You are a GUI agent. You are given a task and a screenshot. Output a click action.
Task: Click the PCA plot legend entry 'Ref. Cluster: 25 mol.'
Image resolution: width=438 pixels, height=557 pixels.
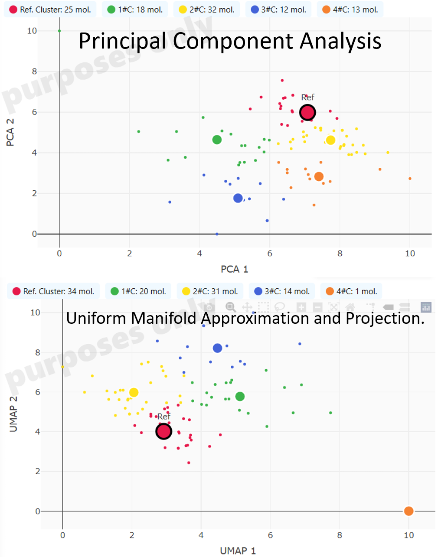[x=50, y=10]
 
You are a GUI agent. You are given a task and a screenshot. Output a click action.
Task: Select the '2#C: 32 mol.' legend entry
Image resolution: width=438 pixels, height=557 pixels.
[x=207, y=10]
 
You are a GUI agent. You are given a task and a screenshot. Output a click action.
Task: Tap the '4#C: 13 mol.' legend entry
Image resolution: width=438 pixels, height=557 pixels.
[x=350, y=10]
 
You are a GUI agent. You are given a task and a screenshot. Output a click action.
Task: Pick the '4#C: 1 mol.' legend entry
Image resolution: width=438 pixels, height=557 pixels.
[x=352, y=291]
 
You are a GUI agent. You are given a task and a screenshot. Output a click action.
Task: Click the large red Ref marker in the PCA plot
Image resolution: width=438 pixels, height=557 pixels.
[x=307, y=112]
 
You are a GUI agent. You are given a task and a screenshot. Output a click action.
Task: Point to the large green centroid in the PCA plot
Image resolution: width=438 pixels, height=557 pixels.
[x=217, y=140]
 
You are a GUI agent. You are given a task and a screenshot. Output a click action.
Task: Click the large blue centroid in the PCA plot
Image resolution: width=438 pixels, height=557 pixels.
[x=238, y=198]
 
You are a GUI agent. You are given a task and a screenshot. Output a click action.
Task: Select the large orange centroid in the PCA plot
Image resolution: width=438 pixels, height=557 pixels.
[x=319, y=176]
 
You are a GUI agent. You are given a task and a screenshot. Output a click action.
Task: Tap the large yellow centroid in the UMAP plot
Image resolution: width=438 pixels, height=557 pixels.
[x=134, y=392]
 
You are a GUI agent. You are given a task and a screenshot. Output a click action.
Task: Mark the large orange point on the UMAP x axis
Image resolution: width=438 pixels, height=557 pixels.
[x=409, y=511]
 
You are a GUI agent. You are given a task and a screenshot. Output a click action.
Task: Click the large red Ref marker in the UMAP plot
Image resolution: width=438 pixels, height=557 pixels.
[x=163, y=431]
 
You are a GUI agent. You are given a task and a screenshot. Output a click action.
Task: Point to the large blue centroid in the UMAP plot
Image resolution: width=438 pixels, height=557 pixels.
[x=217, y=348]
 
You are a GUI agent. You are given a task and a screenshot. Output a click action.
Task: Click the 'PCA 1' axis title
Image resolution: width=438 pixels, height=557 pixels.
[x=234, y=269]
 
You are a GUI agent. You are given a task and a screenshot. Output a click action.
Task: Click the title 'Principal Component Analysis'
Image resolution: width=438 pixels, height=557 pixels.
[x=230, y=41]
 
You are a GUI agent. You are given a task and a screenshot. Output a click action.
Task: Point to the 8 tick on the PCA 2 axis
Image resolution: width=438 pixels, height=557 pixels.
[x=34, y=72]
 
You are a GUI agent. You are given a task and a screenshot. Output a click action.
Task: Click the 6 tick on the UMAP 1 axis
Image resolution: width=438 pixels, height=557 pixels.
[x=270, y=535]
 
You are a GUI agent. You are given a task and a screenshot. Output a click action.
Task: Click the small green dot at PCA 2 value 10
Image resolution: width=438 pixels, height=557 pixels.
[x=59, y=31]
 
